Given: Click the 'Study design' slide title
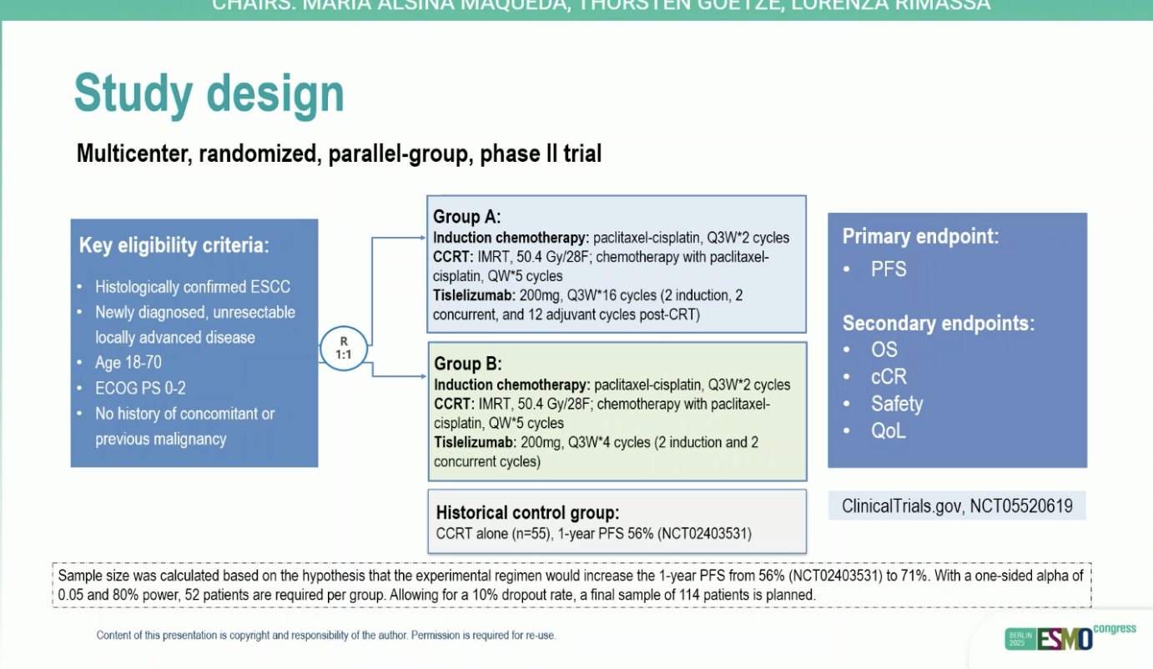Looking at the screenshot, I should [x=209, y=94].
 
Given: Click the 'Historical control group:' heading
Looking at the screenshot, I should [x=527, y=512].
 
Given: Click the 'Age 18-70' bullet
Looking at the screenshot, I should [x=128, y=363].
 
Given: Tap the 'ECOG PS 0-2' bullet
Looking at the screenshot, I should [x=138, y=388].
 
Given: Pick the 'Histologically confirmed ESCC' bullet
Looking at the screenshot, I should [x=192, y=287].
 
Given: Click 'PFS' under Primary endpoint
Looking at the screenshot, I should [x=889, y=269].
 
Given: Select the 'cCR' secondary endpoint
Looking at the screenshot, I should [x=889, y=376].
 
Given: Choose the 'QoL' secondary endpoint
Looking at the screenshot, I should [x=889, y=431].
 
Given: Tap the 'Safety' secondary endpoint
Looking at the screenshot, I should [x=897, y=404].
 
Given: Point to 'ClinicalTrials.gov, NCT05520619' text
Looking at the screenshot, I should [x=957, y=506].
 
